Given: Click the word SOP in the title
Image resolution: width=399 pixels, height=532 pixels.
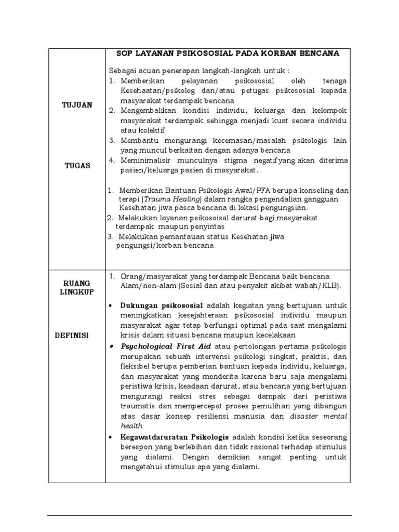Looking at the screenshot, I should click(x=125, y=54).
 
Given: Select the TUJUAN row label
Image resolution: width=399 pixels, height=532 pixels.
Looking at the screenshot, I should click(x=77, y=105).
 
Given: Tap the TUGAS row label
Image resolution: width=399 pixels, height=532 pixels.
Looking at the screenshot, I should click(x=77, y=166).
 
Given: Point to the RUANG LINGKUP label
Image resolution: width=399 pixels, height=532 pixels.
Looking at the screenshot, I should click(x=77, y=288).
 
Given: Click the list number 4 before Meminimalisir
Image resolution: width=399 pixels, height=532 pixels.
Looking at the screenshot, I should click(x=111, y=161).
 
